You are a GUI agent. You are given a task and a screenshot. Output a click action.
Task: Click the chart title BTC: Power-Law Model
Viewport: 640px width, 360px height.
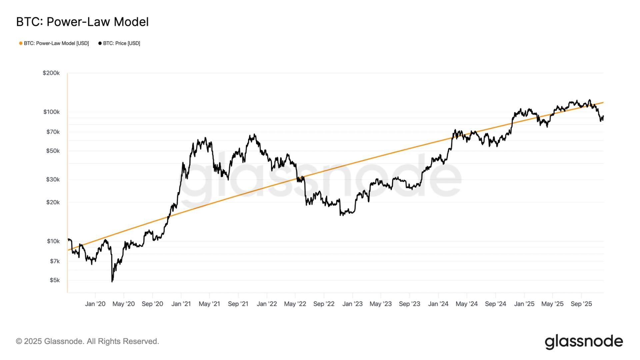[x=82, y=22]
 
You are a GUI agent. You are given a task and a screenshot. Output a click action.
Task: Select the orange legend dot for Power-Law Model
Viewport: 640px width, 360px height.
[x=21, y=43]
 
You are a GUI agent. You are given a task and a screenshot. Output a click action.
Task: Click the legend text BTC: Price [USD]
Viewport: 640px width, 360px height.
[x=121, y=43]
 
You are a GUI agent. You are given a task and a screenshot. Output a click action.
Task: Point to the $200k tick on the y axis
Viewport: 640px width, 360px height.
[x=51, y=73]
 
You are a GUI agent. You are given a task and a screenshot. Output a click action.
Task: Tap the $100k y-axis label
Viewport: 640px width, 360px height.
[x=51, y=112]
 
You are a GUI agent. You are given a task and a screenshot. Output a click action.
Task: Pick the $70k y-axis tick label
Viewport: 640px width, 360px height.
[x=53, y=132]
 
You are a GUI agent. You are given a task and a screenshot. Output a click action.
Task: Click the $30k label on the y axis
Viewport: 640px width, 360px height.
[x=53, y=180]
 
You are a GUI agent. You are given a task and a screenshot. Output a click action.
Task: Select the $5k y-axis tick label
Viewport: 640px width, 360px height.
[x=55, y=280]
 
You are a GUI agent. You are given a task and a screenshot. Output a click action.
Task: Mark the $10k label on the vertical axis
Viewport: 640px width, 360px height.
[x=53, y=241]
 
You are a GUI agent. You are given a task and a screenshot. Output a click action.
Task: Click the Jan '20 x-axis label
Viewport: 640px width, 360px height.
[x=95, y=304]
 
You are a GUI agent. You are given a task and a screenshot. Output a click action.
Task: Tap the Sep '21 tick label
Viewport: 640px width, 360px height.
[x=238, y=304]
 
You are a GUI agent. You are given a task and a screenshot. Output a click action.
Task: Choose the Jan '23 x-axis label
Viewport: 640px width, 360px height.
[x=352, y=304]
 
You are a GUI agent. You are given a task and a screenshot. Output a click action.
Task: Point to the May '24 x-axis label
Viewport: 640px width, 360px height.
[x=466, y=304]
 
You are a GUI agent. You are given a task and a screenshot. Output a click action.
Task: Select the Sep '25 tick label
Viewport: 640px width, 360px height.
[x=581, y=304]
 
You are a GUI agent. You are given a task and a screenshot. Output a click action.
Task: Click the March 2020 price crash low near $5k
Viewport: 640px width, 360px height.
[x=112, y=281]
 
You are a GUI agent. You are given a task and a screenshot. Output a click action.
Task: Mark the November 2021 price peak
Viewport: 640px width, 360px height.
[x=254, y=135]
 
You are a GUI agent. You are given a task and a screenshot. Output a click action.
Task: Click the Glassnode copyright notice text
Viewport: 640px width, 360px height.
[x=87, y=341]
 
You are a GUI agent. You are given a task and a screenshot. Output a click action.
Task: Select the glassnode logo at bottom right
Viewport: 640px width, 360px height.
[x=583, y=342]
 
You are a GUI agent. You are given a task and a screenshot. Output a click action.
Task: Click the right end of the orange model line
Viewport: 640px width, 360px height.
[x=603, y=103]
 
